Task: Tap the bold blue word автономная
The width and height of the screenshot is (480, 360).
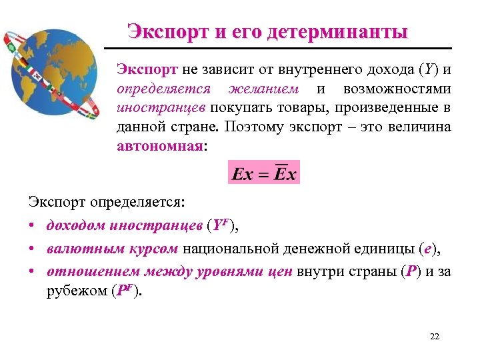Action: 158,146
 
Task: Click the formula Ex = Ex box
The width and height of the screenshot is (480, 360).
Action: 264,173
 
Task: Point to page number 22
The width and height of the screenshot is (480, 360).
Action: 435,336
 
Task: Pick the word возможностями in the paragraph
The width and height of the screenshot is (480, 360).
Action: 397,89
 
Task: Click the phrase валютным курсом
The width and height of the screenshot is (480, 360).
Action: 113,249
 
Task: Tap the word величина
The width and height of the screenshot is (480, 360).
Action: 420,127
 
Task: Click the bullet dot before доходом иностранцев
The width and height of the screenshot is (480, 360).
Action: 33,226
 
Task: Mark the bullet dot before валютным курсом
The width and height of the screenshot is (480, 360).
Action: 33,249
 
